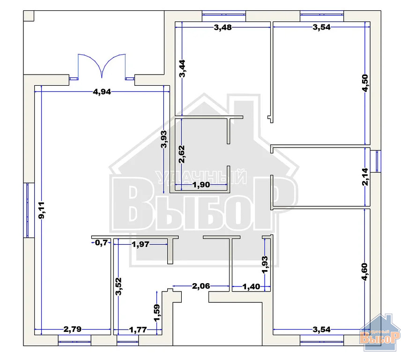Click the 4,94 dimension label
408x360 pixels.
[x=102, y=92]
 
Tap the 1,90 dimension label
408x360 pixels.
[x=201, y=185]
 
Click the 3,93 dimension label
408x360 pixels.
[x=163, y=139]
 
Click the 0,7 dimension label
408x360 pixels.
[x=101, y=242]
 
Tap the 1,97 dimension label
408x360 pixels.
[x=141, y=244]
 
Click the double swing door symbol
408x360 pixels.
[x=102, y=67]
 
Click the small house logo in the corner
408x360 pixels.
[x=383, y=334]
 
